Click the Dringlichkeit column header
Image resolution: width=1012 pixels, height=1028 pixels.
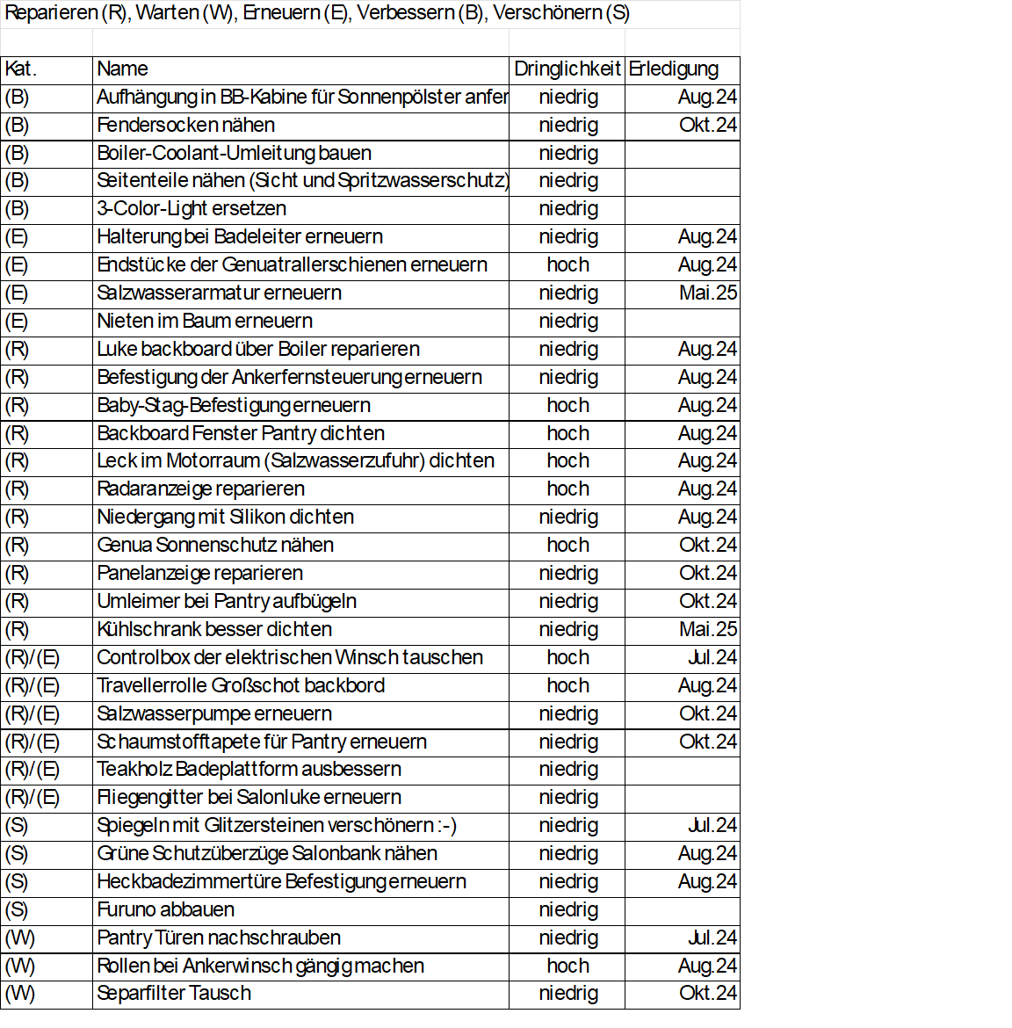pyautogui.click(x=567, y=69)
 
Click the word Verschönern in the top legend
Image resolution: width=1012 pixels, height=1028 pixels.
pyautogui.click(x=547, y=13)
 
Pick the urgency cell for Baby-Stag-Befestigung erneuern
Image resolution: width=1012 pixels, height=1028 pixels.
pyautogui.click(x=567, y=406)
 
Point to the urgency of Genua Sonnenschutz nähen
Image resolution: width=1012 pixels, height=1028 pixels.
pyautogui.click(x=567, y=546)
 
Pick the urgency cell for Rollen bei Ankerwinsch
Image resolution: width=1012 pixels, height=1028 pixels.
pyautogui.click(x=567, y=966)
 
